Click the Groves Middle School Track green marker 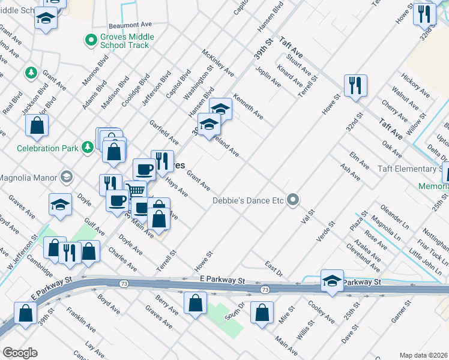point(91,41)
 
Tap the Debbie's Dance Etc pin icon point(293,199)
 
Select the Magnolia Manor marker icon point(65,177)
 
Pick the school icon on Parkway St point(332,281)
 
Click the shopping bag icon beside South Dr point(195,302)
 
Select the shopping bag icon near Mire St point(262,312)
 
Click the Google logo point(20,353)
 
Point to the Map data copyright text point(423,355)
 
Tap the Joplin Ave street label point(268,76)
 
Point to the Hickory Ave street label point(416,85)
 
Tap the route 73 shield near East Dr point(264,290)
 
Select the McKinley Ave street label point(218,62)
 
